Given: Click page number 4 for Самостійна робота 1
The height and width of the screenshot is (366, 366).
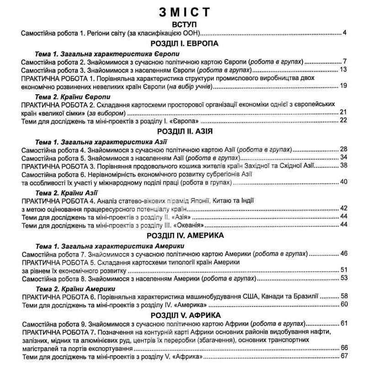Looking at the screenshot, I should (344, 33).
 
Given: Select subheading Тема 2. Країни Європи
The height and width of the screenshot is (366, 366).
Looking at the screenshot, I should (73, 97).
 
